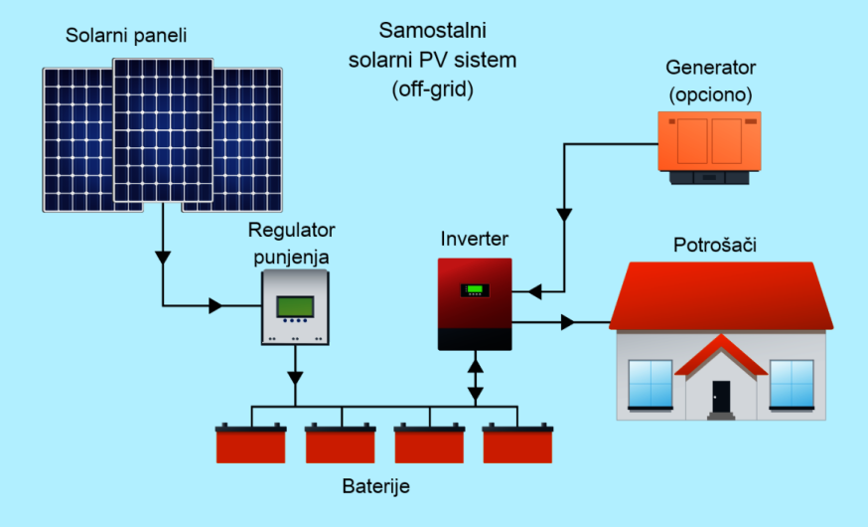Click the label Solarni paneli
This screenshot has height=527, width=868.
pos(126,37)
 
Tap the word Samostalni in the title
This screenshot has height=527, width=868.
pos(432,29)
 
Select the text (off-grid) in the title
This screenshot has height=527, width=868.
pos(432,88)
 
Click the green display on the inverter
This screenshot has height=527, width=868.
pos(474,290)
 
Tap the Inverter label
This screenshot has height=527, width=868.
pos(475,240)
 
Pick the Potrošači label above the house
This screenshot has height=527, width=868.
pos(715,245)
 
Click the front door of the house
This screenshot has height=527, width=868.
pos(721,400)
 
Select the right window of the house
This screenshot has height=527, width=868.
pos(792,386)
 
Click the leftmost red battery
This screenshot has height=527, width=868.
pos(251,444)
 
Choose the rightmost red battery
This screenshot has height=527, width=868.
pos(517,444)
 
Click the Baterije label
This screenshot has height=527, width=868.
pos(375,486)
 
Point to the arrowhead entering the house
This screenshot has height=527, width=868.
pos(568,322)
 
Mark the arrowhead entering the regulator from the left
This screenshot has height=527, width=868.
pos(217,305)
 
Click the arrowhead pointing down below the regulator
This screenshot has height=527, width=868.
pos(295,377)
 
